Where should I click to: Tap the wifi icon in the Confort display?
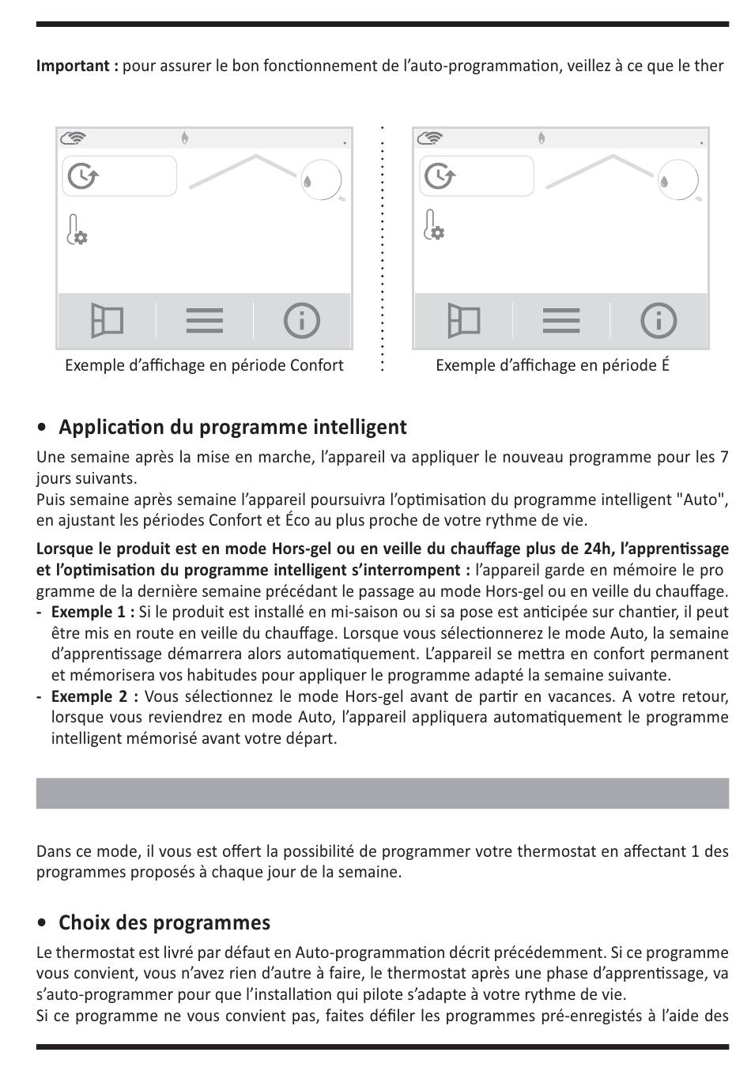(x=74, y=138)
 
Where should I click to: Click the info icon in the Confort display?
(x=301, y=321)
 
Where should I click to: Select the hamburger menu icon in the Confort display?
(x=205, y=321)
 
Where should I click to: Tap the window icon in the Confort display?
(x=107, y=321)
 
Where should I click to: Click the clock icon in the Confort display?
(x=82, y=176)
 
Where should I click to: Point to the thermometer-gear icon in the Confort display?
(x=77, y=229)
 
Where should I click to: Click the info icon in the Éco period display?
(x=658, y=321)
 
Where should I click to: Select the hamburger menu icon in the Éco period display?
(x=561, y=321)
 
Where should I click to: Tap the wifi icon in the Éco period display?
(x=431, y=138)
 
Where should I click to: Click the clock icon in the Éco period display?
(x=439, y=176)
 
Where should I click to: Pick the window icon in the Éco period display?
(x=463, y=321)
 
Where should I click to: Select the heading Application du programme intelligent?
(x=232, y=428)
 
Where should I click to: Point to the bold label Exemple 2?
(x=94, y=696)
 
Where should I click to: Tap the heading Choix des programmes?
(x=164, y=923)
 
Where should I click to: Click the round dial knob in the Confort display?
(x=321, y=180)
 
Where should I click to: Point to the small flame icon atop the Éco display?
(x=542, y=138)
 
